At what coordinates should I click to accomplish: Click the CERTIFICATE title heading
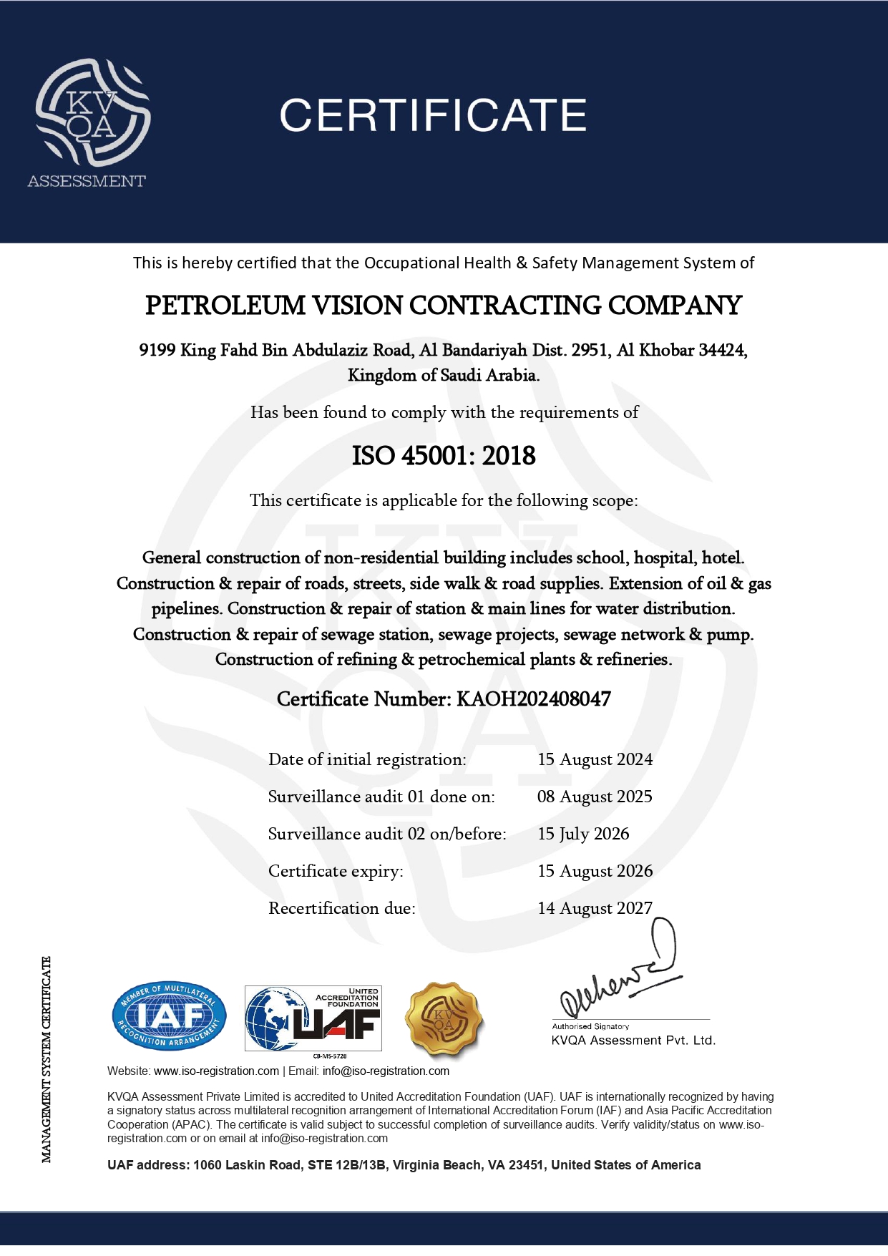[x=433, y=115]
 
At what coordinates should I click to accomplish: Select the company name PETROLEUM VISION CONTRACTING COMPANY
[x=443, y=306]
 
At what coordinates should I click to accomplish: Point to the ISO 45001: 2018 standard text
[x=444, y=456]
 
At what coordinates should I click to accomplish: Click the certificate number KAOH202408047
[x=534, y=699]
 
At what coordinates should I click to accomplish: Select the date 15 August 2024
[x=595, y=759]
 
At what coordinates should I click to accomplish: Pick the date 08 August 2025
[x=595, y=797]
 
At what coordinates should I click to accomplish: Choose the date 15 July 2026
[x=583, y=834]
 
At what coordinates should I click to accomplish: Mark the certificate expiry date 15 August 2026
[x=595, y=871]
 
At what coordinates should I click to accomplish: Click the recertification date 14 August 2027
[x=595, y=908]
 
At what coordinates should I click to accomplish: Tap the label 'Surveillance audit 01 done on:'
[x=381, y=797]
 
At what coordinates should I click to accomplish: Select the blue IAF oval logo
[x=169, y=1016]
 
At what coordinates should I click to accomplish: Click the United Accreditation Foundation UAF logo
[x=313, y=1018]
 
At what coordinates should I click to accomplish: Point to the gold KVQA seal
[x=444, y=1019]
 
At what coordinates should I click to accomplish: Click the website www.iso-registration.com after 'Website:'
[x=216, y=1071]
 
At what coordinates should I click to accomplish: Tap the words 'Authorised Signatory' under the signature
[x=590, y=1026]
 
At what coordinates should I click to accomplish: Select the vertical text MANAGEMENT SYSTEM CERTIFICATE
[x=47, y=1059]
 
